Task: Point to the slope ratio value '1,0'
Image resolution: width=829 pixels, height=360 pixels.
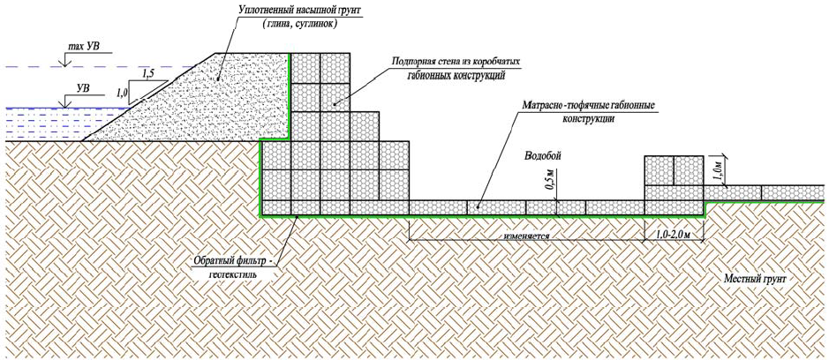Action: [123, 91]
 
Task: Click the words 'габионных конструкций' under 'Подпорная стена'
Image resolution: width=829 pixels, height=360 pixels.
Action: [456, 77]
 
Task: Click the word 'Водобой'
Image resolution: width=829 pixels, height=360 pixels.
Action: [543, 155]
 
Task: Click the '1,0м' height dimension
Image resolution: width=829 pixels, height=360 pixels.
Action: [720, 169]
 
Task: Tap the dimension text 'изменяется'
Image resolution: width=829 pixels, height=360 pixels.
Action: [529, 236]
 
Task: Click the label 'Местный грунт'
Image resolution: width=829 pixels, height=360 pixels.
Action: [755, 279]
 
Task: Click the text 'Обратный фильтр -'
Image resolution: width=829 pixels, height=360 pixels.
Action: [232, 262]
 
